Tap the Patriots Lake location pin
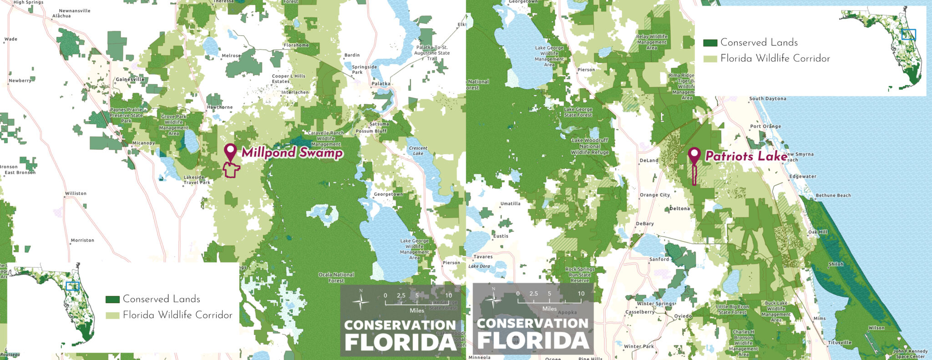(694, 155)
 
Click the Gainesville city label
(130, 79)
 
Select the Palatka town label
(381, 84)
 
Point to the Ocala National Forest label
(336, 278)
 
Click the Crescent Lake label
(418, 151)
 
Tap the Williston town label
(76, 193)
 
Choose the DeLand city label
(649, 160)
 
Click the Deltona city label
(680, 208)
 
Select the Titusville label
(840, 342)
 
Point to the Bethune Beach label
(833, 195)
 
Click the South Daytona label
(768, 98)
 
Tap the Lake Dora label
(479, 266)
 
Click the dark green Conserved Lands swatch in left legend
(112, 299)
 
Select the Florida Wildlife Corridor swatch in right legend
(710, 59)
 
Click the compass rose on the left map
(361, 302)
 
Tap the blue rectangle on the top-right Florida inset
(908, 35)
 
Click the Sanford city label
(659, 259)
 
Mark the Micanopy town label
(144, 143)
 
